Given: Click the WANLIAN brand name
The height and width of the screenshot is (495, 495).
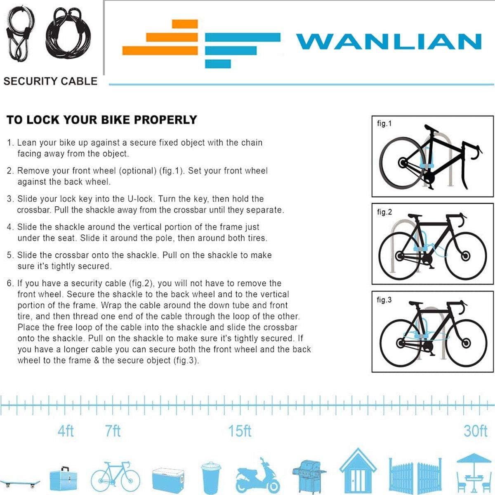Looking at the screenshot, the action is pos(389,41).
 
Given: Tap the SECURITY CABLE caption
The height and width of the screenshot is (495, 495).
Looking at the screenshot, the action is pos(50,81).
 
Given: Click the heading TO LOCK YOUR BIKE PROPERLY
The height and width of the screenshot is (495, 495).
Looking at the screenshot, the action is pos(102,120).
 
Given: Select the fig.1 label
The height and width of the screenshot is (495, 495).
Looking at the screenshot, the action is pos(384,124).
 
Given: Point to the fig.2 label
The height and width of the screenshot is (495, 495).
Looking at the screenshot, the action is pos(384,212).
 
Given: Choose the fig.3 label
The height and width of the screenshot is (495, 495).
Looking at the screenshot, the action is pos(384,300).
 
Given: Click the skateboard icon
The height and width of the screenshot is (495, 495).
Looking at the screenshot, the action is pos(20,483).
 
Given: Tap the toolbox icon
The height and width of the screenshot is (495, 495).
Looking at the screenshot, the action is pos(63,478).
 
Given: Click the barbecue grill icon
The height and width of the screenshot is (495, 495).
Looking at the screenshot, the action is pos(309,477).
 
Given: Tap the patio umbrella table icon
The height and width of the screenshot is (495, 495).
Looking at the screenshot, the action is pos(474,474).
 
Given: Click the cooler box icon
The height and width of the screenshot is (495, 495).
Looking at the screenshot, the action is pos(168,480).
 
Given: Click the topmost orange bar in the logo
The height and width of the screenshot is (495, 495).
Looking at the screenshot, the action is pos(185,24).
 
